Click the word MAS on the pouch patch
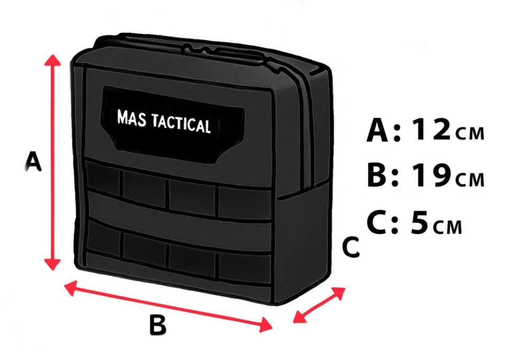pos(131,118)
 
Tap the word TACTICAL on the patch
pos(181,123)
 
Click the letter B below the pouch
pos(157,325)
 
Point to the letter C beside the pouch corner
pos(351,248)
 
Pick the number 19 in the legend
pos(431,175)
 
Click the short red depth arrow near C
pos(320,305)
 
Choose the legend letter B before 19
pos(378,175)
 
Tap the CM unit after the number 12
pos(470,133)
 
